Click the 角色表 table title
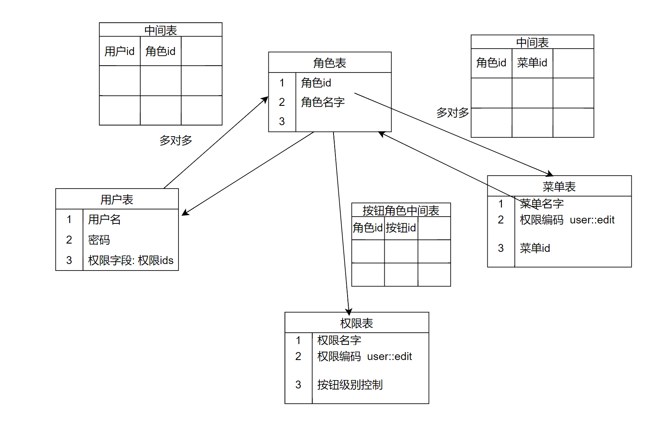pos(329,63)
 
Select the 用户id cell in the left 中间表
pos(119,51)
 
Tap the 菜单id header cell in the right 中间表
pos(532,63)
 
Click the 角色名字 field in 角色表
pos(323,102)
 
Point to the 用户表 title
pos(117,200)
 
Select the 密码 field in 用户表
pos(99,240)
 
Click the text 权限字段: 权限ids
pos(131,261)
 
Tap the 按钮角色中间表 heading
pos(401,211)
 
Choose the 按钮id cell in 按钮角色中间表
pos(401,228)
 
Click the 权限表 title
pos(356,323)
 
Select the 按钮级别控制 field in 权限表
pos(350,385)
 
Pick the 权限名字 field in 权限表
pos(339,340)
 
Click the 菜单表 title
pos(559,187)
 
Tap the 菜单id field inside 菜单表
pos(535,248)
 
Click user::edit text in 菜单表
pos(592,220)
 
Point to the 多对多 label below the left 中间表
pos(175,140)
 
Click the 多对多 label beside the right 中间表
pos(453,113)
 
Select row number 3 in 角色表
pos(282,121)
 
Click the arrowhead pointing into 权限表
pos(349,312)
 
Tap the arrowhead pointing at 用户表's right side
pos(185,213)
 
